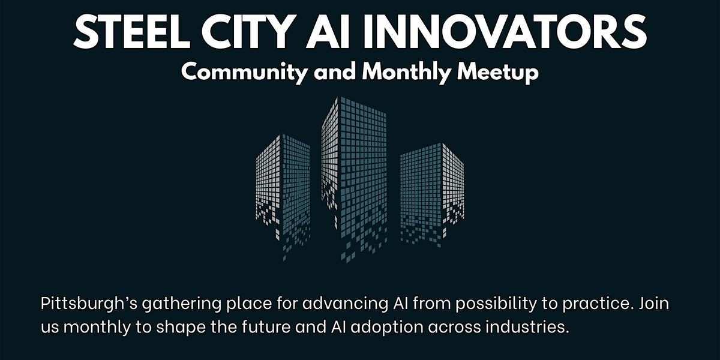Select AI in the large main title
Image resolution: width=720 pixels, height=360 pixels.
click(327, 31)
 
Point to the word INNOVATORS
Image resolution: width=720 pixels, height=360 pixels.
click(505, 31)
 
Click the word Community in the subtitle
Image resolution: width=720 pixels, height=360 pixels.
click(244, 73)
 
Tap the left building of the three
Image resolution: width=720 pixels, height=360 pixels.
click(283, 197)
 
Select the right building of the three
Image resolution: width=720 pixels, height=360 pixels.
click(432, 194)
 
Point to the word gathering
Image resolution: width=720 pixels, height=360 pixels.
click(182, 304)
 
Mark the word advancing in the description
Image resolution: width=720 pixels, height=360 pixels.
click(345, 304)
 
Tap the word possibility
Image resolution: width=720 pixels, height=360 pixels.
click(496, 304)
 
